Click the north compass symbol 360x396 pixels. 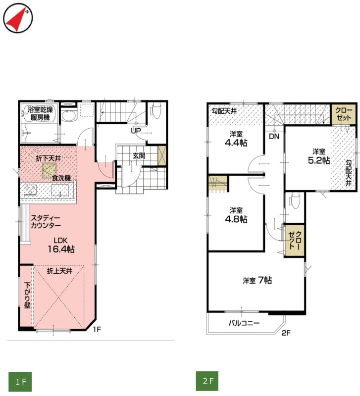(18, 18)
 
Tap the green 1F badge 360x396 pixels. (20, 381)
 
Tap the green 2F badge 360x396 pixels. (207, 381)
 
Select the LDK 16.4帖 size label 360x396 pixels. (61, 245)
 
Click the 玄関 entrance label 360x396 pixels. (139, 156)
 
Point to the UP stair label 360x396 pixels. (136, 131)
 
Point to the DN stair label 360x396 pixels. (274, 137)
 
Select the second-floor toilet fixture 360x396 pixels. (295, 200)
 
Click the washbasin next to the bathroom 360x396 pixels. (69, 116)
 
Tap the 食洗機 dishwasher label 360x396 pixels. (61, 178)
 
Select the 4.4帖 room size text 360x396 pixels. (236, 143)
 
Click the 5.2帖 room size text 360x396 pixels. (319, 160)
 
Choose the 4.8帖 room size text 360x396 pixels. (236, 219)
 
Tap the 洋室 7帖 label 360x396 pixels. (257, 280)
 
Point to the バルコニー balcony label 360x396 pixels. (244, 323)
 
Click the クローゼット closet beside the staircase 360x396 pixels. (344, 114)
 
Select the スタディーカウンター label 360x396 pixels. (46, 221)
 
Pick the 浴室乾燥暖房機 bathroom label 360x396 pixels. (40, 114)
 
